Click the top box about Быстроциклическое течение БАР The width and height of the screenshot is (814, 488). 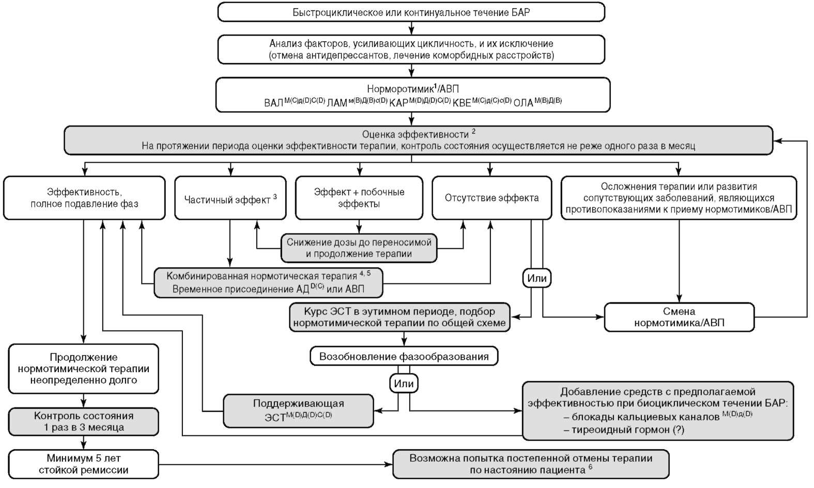411,12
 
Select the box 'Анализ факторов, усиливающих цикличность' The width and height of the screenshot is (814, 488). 411,50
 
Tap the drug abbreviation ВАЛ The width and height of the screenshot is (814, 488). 273,103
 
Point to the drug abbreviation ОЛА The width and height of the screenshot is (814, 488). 523,103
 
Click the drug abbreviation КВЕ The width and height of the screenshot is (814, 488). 462,103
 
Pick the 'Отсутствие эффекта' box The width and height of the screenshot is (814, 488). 492,198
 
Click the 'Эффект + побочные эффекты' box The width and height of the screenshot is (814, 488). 359,198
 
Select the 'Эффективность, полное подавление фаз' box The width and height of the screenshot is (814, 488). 84,198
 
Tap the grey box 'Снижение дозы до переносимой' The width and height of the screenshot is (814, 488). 359,248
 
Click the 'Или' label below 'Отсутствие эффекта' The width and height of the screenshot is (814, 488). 536,279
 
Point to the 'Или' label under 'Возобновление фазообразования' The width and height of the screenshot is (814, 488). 404,384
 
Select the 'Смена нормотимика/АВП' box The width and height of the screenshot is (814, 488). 679,317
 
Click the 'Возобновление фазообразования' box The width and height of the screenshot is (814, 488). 404,357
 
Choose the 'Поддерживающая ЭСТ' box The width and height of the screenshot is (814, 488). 298,410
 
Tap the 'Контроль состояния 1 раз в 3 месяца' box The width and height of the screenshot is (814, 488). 83,421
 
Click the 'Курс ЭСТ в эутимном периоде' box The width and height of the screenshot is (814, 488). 399,317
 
